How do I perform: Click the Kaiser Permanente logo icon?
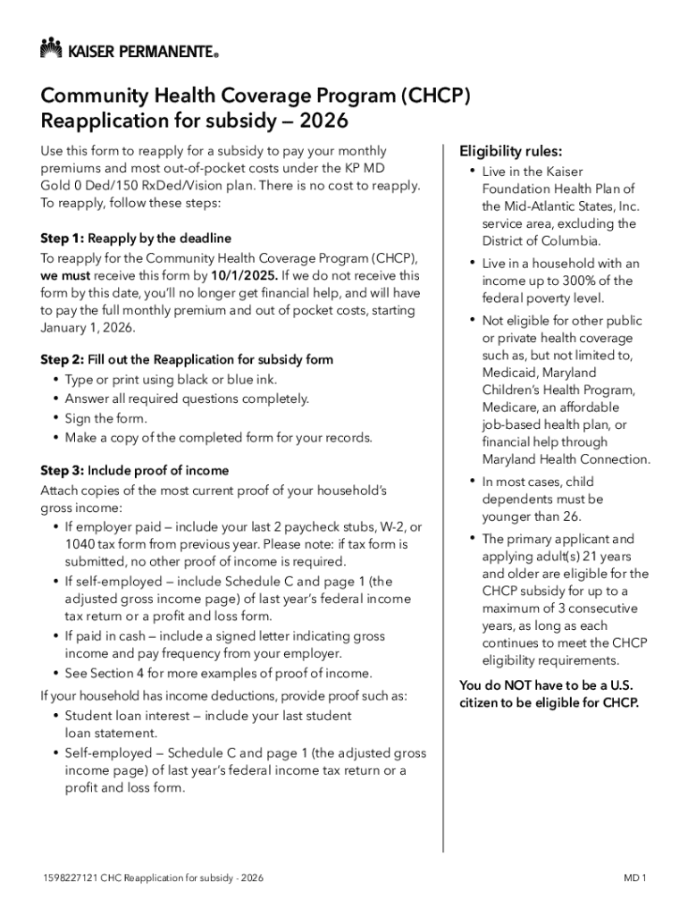pos(51,48)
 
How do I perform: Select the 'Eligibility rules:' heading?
pos(510,151)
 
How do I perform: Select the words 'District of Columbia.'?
pos(541,240)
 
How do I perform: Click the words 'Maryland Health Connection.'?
pos(566,459)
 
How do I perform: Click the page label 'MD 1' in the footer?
pos(635,878)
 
